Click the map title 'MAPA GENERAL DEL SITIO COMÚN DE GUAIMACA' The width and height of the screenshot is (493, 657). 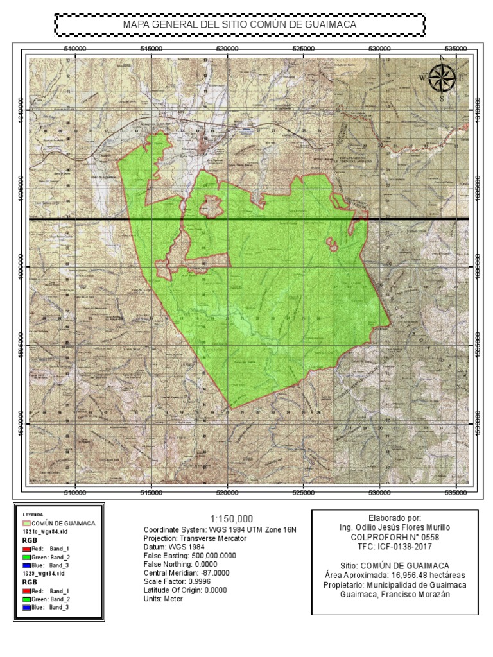[x=239, y=24]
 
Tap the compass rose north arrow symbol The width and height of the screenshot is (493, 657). [x=441, y=78]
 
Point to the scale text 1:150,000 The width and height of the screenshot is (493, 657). [x=231, y=518]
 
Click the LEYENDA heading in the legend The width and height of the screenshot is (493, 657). [x=33, y=515]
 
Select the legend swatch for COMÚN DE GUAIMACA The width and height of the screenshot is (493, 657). [x=26, y=524]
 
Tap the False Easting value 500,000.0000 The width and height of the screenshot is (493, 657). [x=215, y=556]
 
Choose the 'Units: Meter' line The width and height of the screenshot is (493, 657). [x=163, y=599]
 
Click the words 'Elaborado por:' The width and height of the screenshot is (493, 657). [x=395, y=518]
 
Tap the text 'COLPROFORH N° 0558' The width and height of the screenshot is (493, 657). [x=395, y=537]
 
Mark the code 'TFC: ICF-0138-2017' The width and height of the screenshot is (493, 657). [x=395, y=547]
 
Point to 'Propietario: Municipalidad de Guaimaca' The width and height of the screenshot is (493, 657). [x=395, y=584]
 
